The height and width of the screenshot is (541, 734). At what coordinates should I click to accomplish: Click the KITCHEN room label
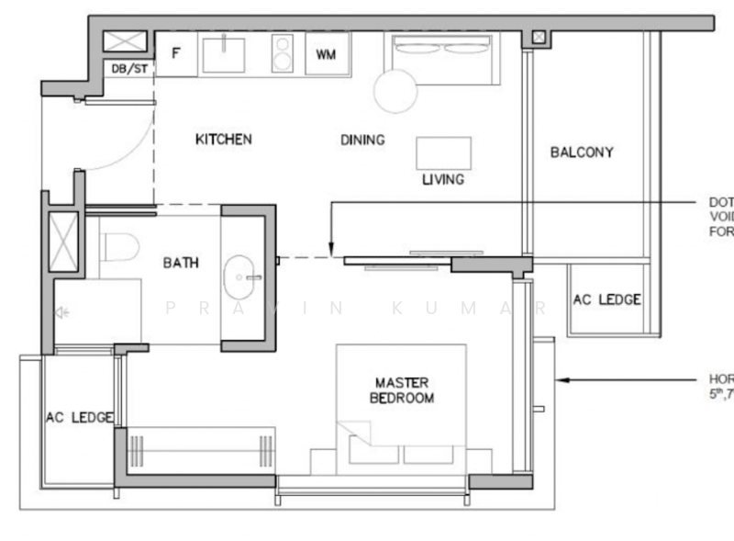(x=223, y=140)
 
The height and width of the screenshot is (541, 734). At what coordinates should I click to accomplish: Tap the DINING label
(x=362, y=141)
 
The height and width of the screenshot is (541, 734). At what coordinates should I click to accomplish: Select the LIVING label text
(x=443, y=180)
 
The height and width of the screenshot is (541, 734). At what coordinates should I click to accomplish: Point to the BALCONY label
(x=582, y=152)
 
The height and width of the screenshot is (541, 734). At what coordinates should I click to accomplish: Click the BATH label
(x=181, y=263)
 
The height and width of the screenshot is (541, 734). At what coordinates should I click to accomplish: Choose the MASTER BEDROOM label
(x=402, y=390)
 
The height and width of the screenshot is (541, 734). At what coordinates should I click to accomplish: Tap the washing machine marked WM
(x=326, y=54)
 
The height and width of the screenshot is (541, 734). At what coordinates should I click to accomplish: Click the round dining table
(x=395, y=91)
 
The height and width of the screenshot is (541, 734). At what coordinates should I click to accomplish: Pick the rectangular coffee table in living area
(x=444, y=152)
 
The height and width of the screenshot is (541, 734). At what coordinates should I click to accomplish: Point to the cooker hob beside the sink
(x=281, y=53)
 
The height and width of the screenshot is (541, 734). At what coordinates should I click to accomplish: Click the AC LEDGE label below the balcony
(x=606, y=300)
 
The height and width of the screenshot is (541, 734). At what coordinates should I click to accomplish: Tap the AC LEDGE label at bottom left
(x=79, y=418)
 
